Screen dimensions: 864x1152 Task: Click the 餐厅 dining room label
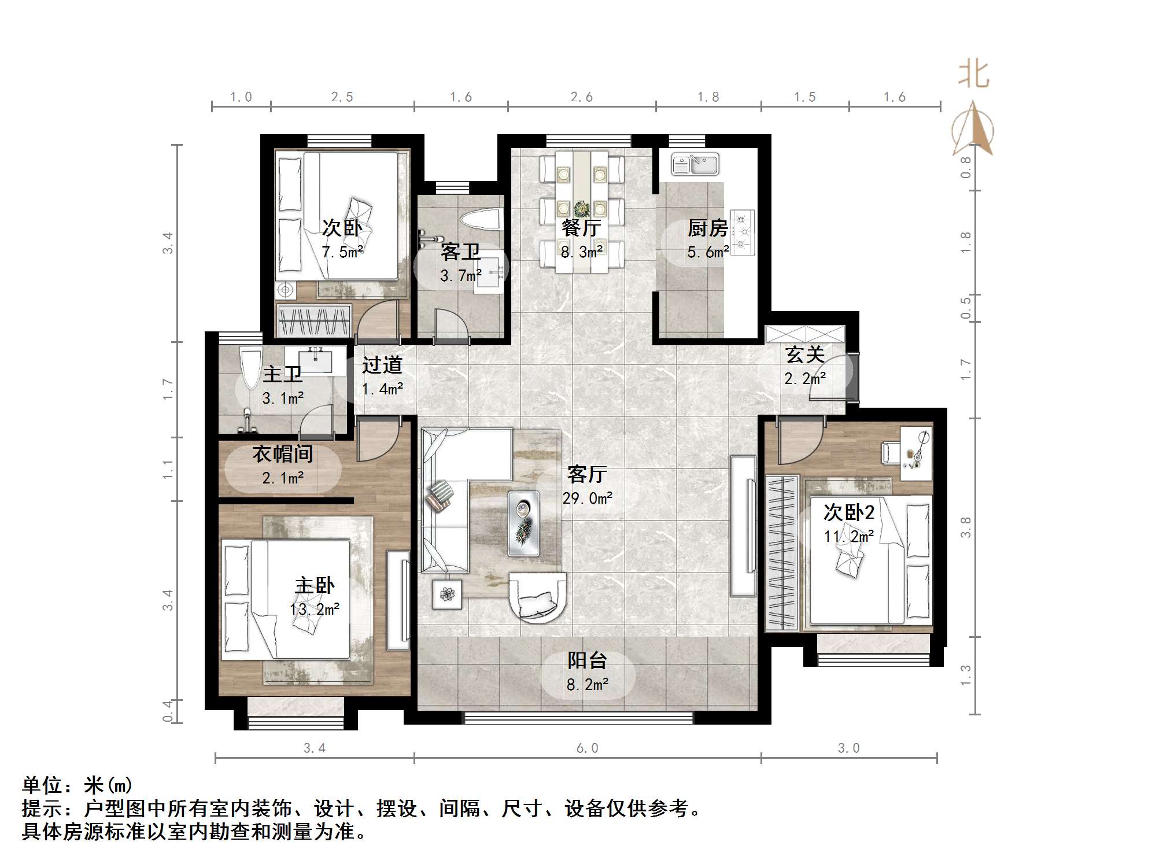[581, 228]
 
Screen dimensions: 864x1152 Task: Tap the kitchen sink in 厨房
[695, 164]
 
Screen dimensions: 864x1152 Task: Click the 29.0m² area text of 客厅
[587, 498]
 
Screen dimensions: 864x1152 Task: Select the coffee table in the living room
[523, 523]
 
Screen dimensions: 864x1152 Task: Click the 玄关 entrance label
[804, 355]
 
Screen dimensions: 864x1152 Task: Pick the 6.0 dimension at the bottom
[587, 748]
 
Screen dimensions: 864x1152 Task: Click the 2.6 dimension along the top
[581, 97]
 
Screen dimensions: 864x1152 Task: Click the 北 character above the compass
[974, 75]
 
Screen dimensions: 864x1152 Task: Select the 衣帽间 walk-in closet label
[282, 454]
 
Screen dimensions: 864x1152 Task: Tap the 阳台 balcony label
[587, 660]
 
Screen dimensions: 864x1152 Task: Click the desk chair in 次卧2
[889, 452]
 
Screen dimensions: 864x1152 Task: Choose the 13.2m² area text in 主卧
[315, 609]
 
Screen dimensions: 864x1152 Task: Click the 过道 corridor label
[382, 365]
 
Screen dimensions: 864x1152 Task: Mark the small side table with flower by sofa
[447, 594]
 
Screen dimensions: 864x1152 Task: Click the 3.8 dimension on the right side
[965, 527]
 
